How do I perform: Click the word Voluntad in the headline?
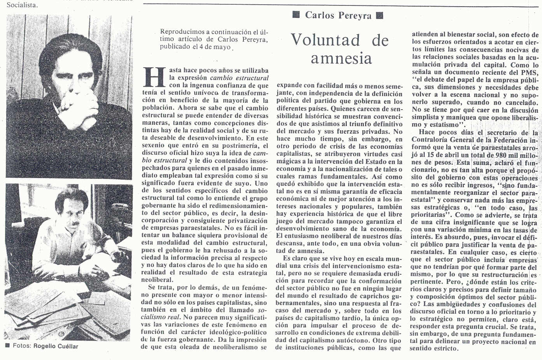tap(325, 40)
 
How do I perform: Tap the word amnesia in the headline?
tap(341, 58)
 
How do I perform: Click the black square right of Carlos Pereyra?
tap(380, 15)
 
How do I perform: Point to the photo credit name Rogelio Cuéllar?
tap(56, 346)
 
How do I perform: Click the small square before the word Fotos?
tap(7, 346)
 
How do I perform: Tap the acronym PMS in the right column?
tap(529, 72)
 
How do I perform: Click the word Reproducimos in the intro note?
tap(180, 32)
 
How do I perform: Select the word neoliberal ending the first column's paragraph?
tap(157, 280)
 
